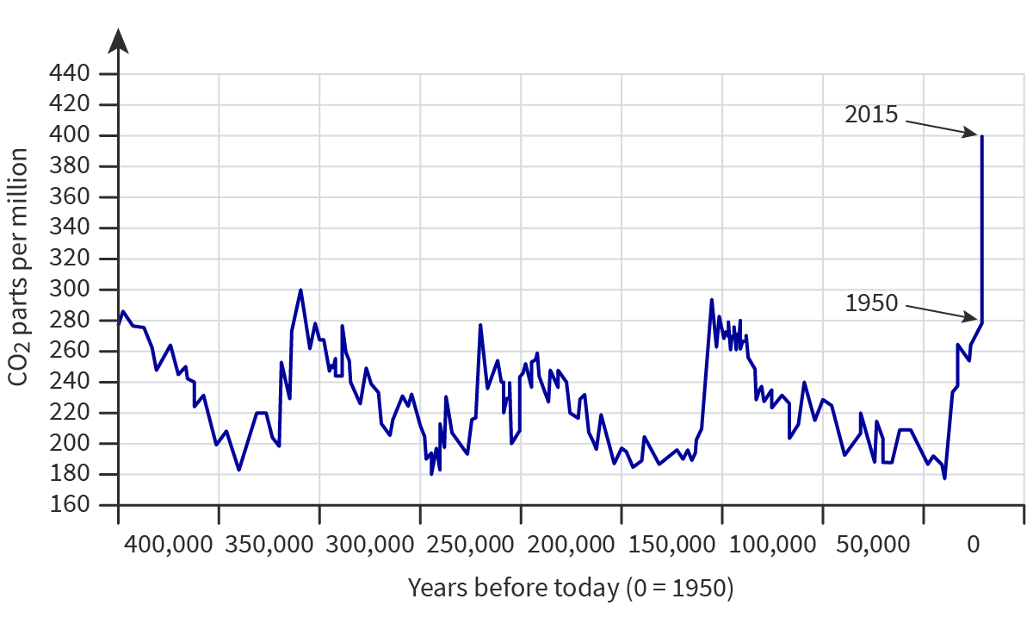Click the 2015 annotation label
pyautogui.click(x=871, y=114)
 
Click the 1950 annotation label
pyautogui.click(x=871, y=303)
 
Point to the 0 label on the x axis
pyautogui.click(x=974, y=545)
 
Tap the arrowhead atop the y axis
pyautogui.click(x=119, y=41)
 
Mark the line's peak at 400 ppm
pyautogui.click(x=981, y=136)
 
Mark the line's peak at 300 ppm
pyautogui.click(x=300, y=290)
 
